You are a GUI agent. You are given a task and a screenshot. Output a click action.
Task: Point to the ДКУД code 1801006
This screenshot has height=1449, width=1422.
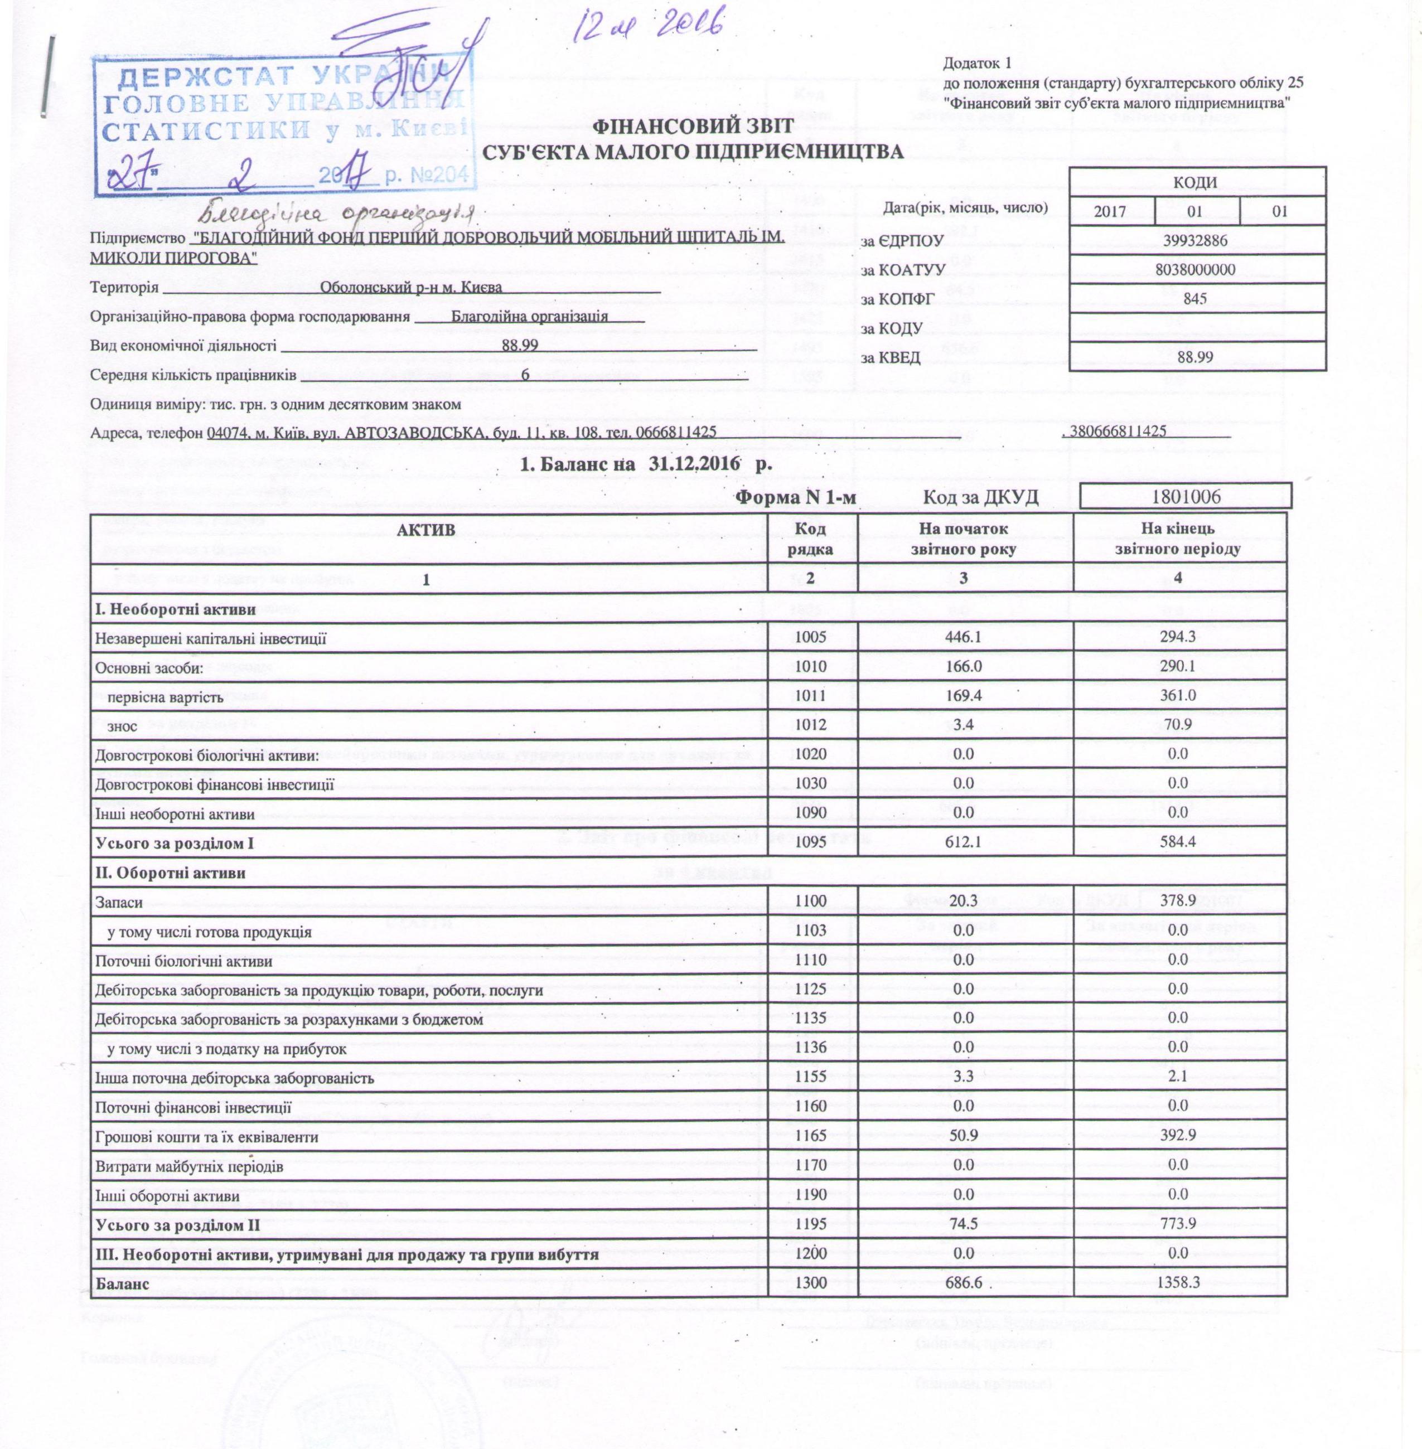pyautogui.click(x=1187, y=496)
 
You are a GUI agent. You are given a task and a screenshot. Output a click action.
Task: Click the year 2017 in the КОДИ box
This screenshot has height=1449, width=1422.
pyautogui.click(x=1111, y=211)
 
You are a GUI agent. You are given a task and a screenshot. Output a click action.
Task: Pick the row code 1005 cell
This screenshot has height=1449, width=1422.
pyautogui.click(x=812, y=639)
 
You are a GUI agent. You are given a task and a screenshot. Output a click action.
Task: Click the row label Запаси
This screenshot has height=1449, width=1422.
pyautogui.click(x=119, y=902)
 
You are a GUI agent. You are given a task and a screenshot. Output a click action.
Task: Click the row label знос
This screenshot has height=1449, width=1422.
pyautogui.click(x=123, y=725)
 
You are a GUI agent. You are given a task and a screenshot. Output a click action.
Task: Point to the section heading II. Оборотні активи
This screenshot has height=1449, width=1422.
pyautogui.click(x=170, y=873)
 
